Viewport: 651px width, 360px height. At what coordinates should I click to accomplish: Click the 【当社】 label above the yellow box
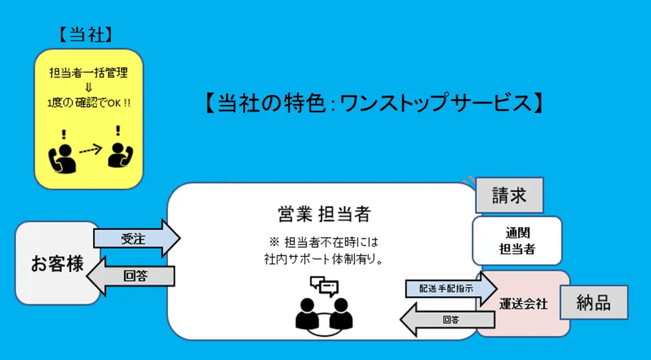[89, 35]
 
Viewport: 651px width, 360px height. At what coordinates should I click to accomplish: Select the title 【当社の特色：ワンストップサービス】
[374, 103]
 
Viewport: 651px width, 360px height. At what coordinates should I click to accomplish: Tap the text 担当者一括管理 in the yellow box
[88, 73]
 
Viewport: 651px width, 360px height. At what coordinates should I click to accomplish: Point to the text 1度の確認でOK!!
[88, 103]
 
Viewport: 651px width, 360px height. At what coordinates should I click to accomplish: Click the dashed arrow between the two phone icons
[90, 149]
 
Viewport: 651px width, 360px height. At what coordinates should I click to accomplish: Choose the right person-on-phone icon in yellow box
[119, 152]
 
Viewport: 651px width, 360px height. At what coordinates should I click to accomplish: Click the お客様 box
[58, 263]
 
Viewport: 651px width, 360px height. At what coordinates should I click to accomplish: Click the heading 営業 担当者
[324, 214]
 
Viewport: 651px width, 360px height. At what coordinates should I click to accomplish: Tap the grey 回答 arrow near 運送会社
[448, 319]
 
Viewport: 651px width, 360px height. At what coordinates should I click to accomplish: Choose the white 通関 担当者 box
[517, 240]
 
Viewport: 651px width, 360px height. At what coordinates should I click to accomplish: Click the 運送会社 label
[523, 304]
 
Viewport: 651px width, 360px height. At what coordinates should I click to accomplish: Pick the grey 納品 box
[595, 303]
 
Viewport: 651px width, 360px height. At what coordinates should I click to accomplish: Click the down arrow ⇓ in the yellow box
[88, 88]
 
